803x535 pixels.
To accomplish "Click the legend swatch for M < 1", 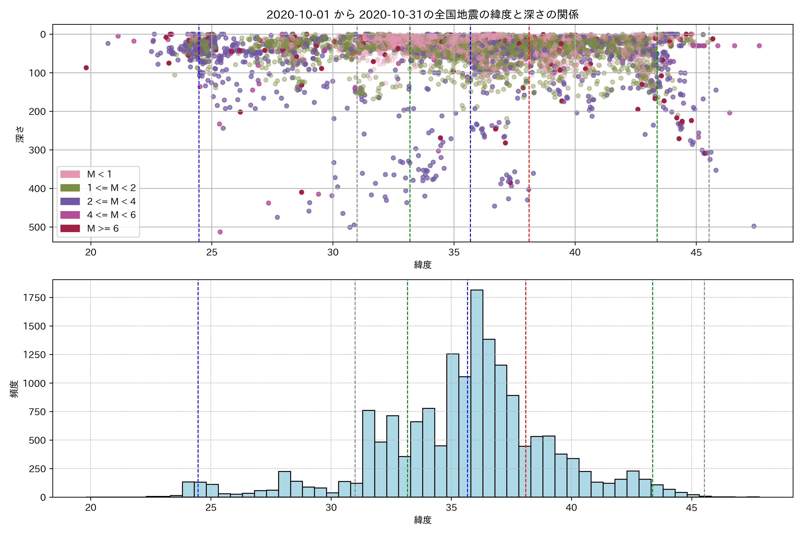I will [x=70, y=174].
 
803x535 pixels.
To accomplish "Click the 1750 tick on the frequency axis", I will [x=34, y=298].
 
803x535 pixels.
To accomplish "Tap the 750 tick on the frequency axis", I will [x=37, y=412].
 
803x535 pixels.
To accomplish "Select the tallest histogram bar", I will [x=477, y=392].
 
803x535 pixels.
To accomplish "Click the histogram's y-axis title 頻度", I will [x=14, y=389].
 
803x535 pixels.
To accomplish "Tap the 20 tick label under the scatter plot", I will [x=91, y=253].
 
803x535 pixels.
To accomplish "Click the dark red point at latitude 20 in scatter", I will [x=86, y=68].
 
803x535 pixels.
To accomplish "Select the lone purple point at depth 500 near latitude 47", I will [x=754, y=226].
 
